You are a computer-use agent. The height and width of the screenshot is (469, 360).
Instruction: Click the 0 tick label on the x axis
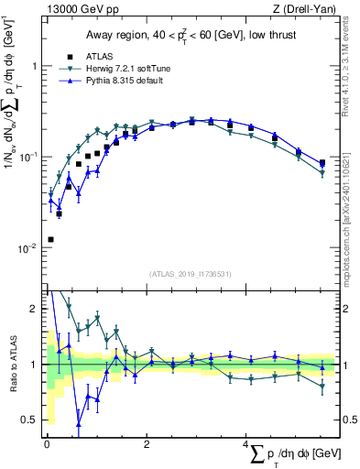click(47, 444)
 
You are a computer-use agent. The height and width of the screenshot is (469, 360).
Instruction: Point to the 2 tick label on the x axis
click(147, 444)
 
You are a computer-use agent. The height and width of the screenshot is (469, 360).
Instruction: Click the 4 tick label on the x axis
click(246, 444)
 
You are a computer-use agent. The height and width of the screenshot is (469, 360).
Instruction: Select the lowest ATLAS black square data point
click(49, 239)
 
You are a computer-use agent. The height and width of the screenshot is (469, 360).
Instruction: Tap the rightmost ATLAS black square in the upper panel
click(322, 163)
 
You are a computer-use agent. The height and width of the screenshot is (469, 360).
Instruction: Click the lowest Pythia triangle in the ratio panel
click(79, 424)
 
